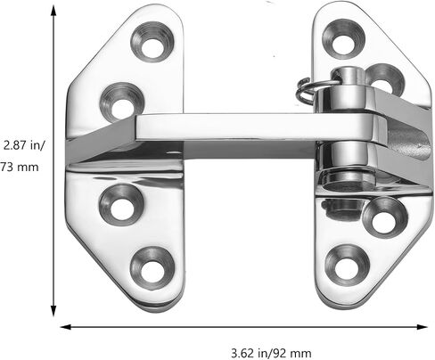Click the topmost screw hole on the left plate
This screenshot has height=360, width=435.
(x=152, y=42)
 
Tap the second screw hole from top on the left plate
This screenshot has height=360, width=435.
(x=122, y=102)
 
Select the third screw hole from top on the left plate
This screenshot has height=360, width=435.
(x=122, y=205)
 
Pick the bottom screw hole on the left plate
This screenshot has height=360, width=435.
(x=152, y=268)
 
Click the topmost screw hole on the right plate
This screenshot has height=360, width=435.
(x=343, y=39)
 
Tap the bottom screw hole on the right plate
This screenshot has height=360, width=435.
(x=347, y=266)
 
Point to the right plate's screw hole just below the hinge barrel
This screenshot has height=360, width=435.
(x=385, y=217)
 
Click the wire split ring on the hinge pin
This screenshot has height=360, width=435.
(x=306, y=89)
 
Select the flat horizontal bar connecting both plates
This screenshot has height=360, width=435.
(x=252, y=127)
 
